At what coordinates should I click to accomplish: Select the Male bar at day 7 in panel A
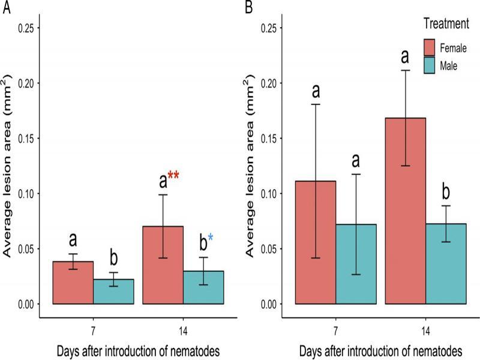pos(114,292)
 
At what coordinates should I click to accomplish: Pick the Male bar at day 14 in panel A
pos(203,287)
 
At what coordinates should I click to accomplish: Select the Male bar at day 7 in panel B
pos(356,264)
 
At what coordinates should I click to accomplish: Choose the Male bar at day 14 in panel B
pos(446,264)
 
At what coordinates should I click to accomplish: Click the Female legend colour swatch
pos(433,47)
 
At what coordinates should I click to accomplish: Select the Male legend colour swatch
pos(433,65)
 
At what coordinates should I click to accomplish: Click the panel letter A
pos(6,8)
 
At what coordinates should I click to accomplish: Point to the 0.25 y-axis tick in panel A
pos(28,28)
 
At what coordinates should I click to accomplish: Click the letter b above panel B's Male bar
pos(446,193)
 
